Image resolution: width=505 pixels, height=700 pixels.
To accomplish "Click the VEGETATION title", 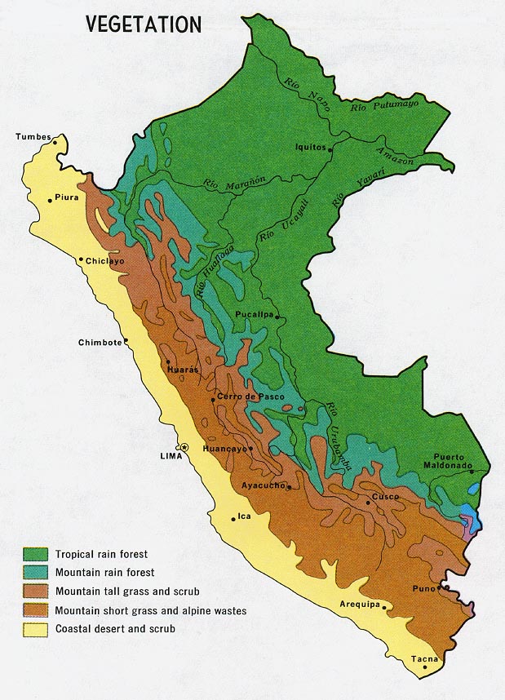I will [x=143, y=24].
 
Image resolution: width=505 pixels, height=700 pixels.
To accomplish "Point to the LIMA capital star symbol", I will [x=184, y=447].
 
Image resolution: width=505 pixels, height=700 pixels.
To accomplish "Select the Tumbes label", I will [x=33, y=137].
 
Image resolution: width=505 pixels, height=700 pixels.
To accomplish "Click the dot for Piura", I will [x=50, y=198].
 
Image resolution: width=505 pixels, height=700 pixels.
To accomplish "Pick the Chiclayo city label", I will [x=105, y=262].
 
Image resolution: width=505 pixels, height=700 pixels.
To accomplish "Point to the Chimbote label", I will [x=100, y=343].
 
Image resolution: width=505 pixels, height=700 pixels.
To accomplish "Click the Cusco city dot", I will [x=368, y=503].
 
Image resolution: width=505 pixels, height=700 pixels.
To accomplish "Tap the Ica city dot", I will [x=232, y=516].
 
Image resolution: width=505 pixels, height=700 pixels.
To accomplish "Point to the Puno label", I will [x=423, y=587].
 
